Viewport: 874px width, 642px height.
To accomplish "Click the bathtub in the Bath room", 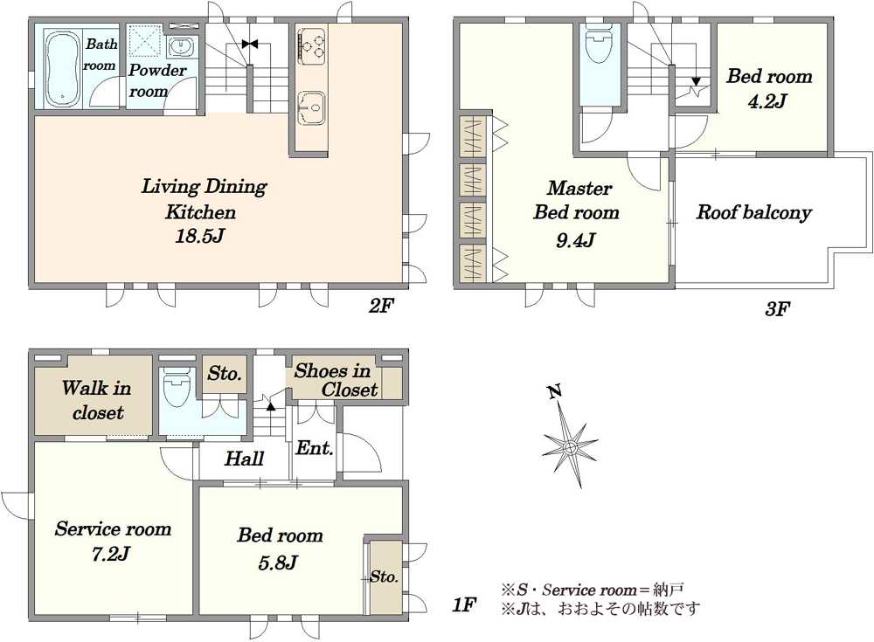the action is click(x=62, y=68).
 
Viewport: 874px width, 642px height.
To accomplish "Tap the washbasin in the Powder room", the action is click(x=181, y=47).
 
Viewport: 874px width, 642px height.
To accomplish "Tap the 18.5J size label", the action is click(x=200, y=237).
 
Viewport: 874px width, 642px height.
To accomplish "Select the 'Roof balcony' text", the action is click(x=753, y=212).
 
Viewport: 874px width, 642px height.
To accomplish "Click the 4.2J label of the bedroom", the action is click(x=767, y=100).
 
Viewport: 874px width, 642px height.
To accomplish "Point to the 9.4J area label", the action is click(x=576, y=239).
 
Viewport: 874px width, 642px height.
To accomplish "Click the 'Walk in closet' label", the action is click(x=97, y=399).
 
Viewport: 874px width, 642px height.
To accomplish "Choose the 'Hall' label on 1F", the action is click(x=244, y=459).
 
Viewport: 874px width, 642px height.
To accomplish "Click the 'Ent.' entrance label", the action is click(x=315, y=447).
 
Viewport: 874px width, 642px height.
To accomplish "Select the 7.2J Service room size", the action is click(x=111, y=554).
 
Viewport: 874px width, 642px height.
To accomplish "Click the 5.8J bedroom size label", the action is click(x=278, y=563).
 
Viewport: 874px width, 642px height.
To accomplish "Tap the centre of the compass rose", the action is click(x=570, y=447).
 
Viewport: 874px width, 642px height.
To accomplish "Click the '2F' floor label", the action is click(x=381, y=306).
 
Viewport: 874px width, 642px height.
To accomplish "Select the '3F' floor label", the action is click(x=778, y=308).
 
